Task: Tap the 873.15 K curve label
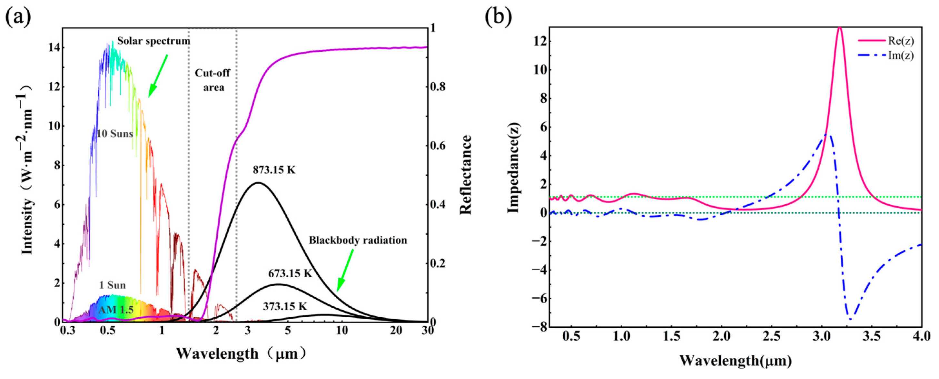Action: click(x=274, y=170)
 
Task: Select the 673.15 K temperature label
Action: click(x=290, y=273)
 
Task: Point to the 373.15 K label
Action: click(x=285, y=306)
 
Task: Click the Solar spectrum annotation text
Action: click(x=153, y=41)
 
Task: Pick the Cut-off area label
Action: click(x=213, y=80)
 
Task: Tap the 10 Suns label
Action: click(x=115, y=134)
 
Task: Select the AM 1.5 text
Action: click(x=115, y=310)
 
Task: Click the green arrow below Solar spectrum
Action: click(x=157, y=76)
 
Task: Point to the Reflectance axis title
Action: click(x=466, y=175)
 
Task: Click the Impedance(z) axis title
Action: click(x=513, y=168)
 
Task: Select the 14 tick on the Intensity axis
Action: click(x=52, y=48)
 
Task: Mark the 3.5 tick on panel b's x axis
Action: click(x=872, y=336)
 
